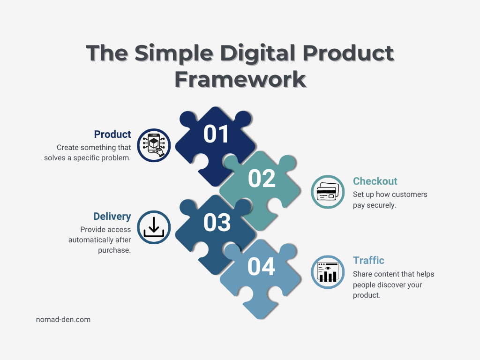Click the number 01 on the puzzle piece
pyautogui.click(x=216, y=134)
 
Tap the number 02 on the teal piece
pyautogui.click(x=262, y=179)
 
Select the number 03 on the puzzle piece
pyautogui.click(x=217, y=223)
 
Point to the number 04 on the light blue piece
pyautogui.click(x=261, y=267)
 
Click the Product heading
pyautogui.click(x=112, y=135)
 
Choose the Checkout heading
pyautogui.click(x=375, y=181)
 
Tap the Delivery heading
pyautogui.click(x=112, y=217)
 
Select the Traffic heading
pyautogui.click(x=368, y=261)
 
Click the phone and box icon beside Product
pyautogui.click(x=154, y=145)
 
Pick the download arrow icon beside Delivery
pyautogui.click(x=154, y=227)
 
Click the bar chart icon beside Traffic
pyautogui.click(x=328, y=272)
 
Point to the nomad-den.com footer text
pyautogui.click(x=63, y=320)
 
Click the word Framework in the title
pyautogui.click(x=240, y=79)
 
